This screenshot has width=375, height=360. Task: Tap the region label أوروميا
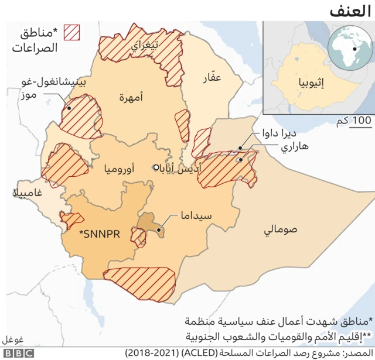click(x=119, y=170)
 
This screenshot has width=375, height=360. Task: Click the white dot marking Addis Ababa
click(x=156, y=167)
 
